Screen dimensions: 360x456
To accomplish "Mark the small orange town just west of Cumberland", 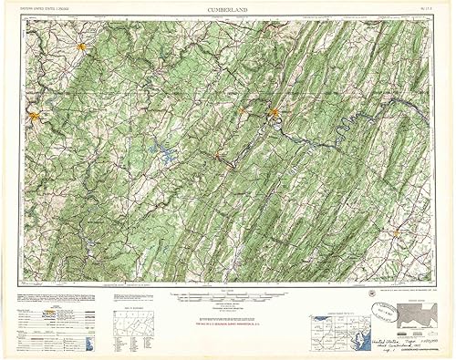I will [x=244, y=113].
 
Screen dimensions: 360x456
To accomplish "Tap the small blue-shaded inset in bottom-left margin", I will [x=88, y=342].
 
